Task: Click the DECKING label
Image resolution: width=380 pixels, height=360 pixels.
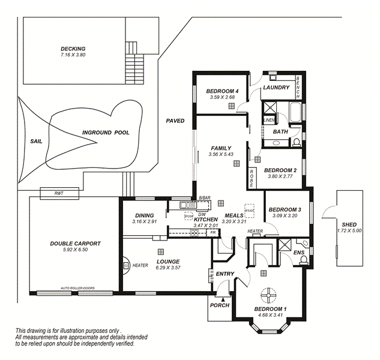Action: click(73, 49)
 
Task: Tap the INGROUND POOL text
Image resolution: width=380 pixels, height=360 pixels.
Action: click(106, 133)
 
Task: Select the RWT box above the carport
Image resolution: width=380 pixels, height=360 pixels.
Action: click(59, 193)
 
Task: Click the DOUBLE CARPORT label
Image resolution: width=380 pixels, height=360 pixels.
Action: click(75, 244)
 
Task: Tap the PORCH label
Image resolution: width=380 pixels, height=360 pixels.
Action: click(220, 305)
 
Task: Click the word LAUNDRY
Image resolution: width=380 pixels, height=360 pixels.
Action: click(276, 88)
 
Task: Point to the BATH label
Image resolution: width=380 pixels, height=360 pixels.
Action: click(280, 131)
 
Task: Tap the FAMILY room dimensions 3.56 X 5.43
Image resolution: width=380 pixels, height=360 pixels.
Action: click(220, 154)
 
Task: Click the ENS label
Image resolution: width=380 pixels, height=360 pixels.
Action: click(298, 253)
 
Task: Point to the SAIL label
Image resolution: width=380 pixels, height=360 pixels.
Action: click(36, 142)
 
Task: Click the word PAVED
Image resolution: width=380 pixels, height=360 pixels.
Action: click(175, 121)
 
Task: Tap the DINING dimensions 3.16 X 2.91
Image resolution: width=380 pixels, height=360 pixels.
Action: click(144, 221)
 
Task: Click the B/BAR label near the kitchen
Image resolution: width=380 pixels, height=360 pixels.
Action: click(205, 197)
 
